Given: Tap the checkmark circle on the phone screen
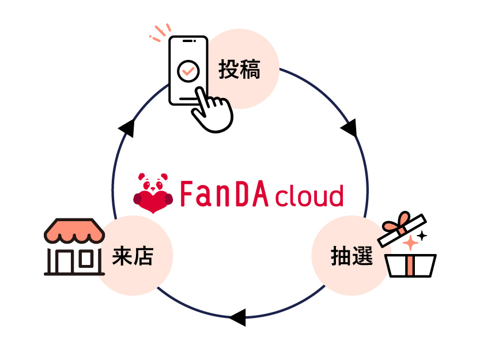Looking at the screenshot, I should coord(188,71).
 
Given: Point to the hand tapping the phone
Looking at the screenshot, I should coord(211,109).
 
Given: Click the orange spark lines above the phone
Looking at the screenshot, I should coord(161,32).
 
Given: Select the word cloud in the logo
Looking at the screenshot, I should coord(309,196).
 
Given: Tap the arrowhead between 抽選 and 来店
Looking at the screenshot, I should coord(237,317).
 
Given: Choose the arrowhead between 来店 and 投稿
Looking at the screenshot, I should coord(127,128).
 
